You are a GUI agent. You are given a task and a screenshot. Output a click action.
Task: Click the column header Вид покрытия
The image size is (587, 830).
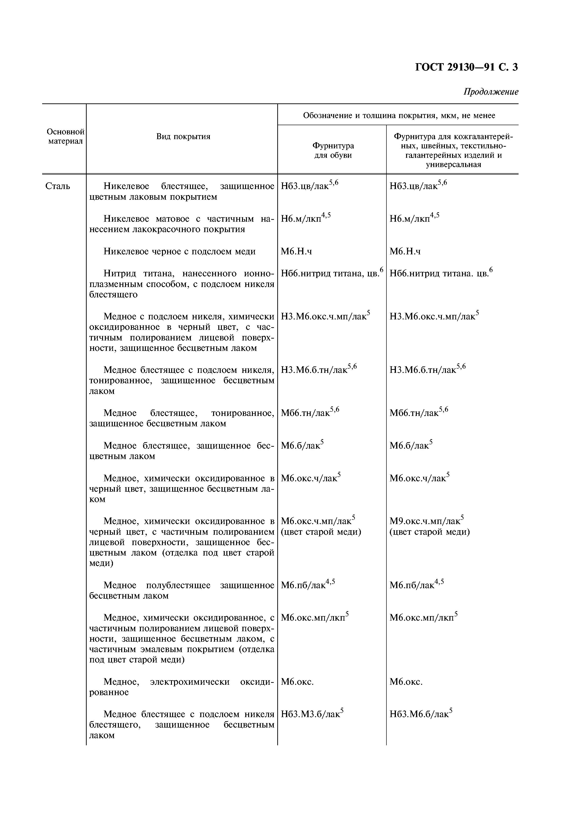[x=183, y=136]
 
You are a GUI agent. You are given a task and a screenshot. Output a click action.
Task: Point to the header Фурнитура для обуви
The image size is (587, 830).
[x=333, y=150]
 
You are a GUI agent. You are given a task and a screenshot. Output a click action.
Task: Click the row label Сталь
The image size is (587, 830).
[x=58, y=186]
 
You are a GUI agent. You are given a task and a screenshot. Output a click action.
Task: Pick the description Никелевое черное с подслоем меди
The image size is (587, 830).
[x=179, y=251]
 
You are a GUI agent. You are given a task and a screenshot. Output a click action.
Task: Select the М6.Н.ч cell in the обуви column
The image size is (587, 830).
[x=296, y=251]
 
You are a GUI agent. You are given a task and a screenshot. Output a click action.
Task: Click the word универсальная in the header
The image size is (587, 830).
[x=453, y=165]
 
